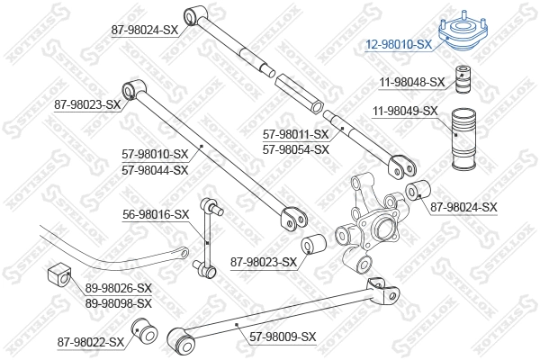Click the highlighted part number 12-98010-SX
coord(400,43)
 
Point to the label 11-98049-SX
coord(405,112)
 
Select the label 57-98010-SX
coord(156,155)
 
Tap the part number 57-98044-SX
coord(156,169)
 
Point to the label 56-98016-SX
coord(156,214)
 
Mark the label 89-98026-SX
coord(119,289)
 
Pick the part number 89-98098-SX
coord(119,303)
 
